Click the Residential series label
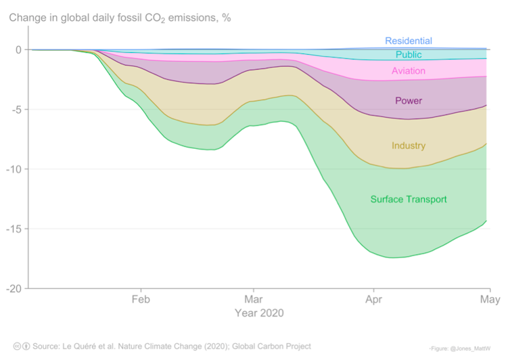[x=409, y=41]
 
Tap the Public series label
[x=409, y=55]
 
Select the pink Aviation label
[x=409, y=71]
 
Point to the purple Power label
[x=409, y=101]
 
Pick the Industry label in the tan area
[x=409, y=145]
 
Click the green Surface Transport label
[x=409, y=199]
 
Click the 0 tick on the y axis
[x=18, y=49]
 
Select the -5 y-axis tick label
[x=16, y=110]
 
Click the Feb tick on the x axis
[x=141, y=299]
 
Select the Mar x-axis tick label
[x=254, y=299]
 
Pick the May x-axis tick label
[x=490, y=299]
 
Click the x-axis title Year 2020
[x=259, y=313]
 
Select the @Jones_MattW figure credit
[x=473, y=347]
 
